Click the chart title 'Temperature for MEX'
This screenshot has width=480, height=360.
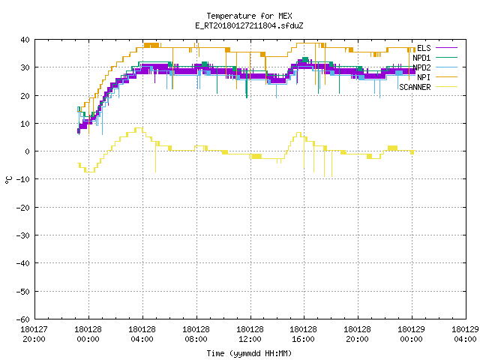click(x=249, y=16)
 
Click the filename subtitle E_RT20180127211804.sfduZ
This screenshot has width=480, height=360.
click(x=249, y=25)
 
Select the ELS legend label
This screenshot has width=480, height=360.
click(x=424, y=48)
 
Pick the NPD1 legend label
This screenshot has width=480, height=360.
click(x=421, y=58)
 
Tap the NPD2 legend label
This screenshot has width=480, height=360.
click(x=421, y=67)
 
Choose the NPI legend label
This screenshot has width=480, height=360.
click(x=424, y=77)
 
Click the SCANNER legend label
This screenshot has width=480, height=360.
click(x=415, y=87)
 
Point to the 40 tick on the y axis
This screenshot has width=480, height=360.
click(x=25, y=40)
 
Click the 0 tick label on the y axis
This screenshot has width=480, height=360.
click(x=28, y=151)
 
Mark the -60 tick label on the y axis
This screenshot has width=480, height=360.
click(x=23, y=319)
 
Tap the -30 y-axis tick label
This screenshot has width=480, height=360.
click(x=23, y=235)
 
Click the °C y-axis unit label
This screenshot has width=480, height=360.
click(x=8, y=180)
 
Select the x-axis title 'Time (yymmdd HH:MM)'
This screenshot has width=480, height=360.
click(x=249, y=353)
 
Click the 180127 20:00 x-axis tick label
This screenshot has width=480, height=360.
click(x=34, y=334)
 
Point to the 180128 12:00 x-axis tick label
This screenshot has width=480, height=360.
click(x=250, y=334)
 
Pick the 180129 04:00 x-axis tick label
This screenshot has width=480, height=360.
click(x=465, y=334)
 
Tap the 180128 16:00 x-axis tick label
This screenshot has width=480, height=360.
click(x=304, y=334)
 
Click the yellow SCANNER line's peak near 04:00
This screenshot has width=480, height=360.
click(x=139, y=128)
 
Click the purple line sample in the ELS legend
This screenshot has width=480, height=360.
click(x=446, y=48)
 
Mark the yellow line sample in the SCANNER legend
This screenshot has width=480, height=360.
click(x=446, y=87)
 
